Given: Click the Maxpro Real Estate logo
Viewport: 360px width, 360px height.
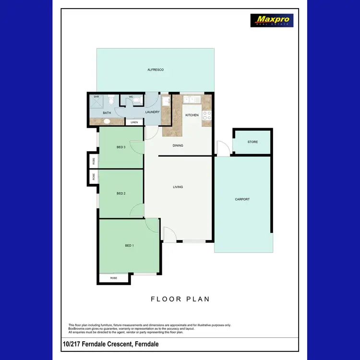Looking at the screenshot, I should tap(272, 20).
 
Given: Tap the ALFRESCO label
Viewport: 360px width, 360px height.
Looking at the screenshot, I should tap(156, 70).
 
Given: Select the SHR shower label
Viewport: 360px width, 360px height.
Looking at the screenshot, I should tap(96, 97).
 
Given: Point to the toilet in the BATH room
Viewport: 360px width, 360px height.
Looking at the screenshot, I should tap(111, 101).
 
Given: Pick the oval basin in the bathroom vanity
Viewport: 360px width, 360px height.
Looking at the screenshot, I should tap(106, 121).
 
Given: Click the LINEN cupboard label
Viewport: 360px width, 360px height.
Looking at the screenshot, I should tap(134, 122).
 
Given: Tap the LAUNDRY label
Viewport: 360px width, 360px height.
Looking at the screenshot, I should tap(152, 112).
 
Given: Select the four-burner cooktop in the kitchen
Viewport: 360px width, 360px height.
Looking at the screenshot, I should tap(207, 115).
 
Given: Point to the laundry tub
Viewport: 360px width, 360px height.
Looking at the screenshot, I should tap(166, 101).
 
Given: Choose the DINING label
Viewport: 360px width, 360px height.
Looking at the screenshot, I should tap(178, 145).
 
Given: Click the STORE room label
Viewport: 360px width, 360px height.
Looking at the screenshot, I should tap(252, 142).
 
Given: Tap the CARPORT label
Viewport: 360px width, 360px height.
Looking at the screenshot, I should tap(242, 199).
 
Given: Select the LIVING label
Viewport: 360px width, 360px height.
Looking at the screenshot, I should tap(178, 187).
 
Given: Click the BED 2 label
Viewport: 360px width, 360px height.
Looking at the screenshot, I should tap(121, 194).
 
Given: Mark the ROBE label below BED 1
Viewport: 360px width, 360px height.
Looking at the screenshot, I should tap(114, 278).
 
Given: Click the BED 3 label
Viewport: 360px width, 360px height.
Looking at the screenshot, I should tap(121, 147).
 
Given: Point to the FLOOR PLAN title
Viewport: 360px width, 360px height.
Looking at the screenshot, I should tap(180, 299).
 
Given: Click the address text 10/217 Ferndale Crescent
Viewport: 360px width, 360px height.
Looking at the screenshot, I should tap(111, 345).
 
